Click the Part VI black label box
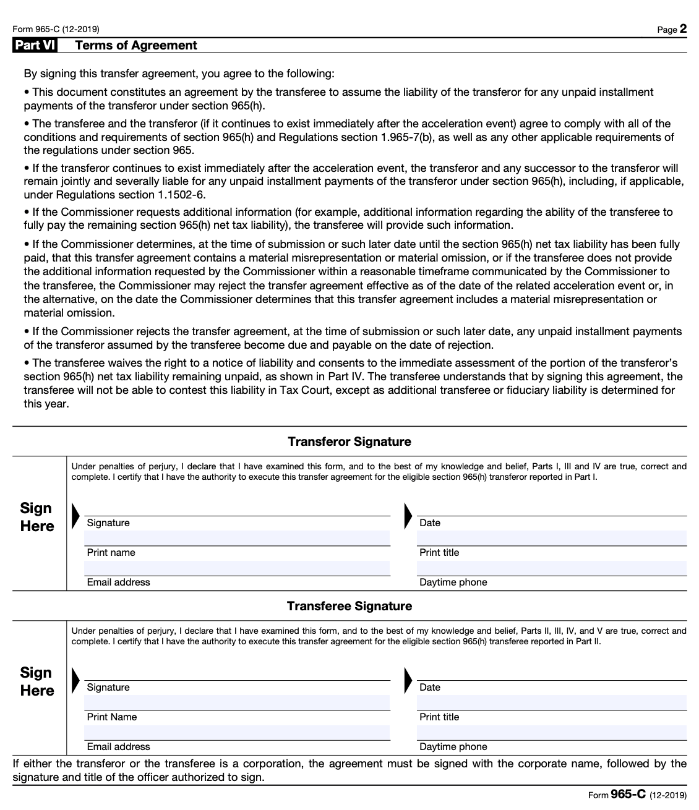[x=35, y=45]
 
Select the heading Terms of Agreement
[x=135, y=45]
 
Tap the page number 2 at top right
[x=683, y=28]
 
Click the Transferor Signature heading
[x=349, y=441]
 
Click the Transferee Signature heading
[x=349, y=606]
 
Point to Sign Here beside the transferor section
[x=37, y=517]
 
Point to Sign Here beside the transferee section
[x=37, y=681]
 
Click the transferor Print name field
[x=237, y=539]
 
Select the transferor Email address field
[x=237, y=568]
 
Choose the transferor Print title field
[x=552, y=539]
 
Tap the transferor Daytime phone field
[x=552, y=568]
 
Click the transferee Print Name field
[x=237, y=703]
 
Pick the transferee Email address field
[x=237, y=733]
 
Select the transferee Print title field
[x=552, y=703]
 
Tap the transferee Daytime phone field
[x=552, y=733]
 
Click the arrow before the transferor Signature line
[x=75, y=516]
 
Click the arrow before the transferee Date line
[x=408, y=680]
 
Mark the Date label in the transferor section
[x=430, y=523]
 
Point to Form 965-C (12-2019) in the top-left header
[x=56, y=29]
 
